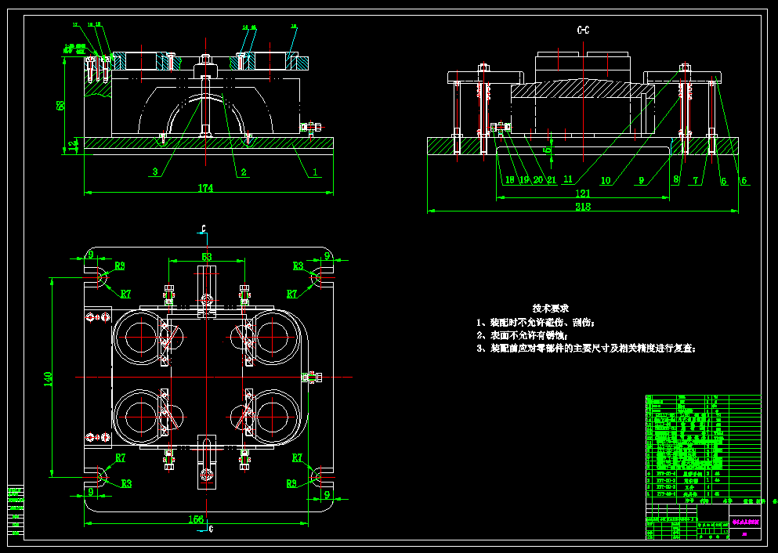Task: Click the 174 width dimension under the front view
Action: tap(205, 188)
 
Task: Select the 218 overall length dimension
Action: tap(582, 208)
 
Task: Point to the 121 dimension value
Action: tap(582, 193)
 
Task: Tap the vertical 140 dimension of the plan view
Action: tap(48, 378)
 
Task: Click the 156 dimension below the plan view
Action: tap(195, 519)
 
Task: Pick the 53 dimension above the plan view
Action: tap(206, 256)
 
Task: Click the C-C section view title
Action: tap(583, 31)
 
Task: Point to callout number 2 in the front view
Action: tap(244, 172)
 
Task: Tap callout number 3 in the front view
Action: tap(155, 172)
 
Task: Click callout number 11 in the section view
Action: tap(568, 179)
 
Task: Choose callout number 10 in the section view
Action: tap(606, 180)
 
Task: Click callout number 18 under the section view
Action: tap(509, 179)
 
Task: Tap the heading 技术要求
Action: tap(551, 308)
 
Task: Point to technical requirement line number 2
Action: tap(533, 335)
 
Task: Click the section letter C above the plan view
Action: tap(203, 230)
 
